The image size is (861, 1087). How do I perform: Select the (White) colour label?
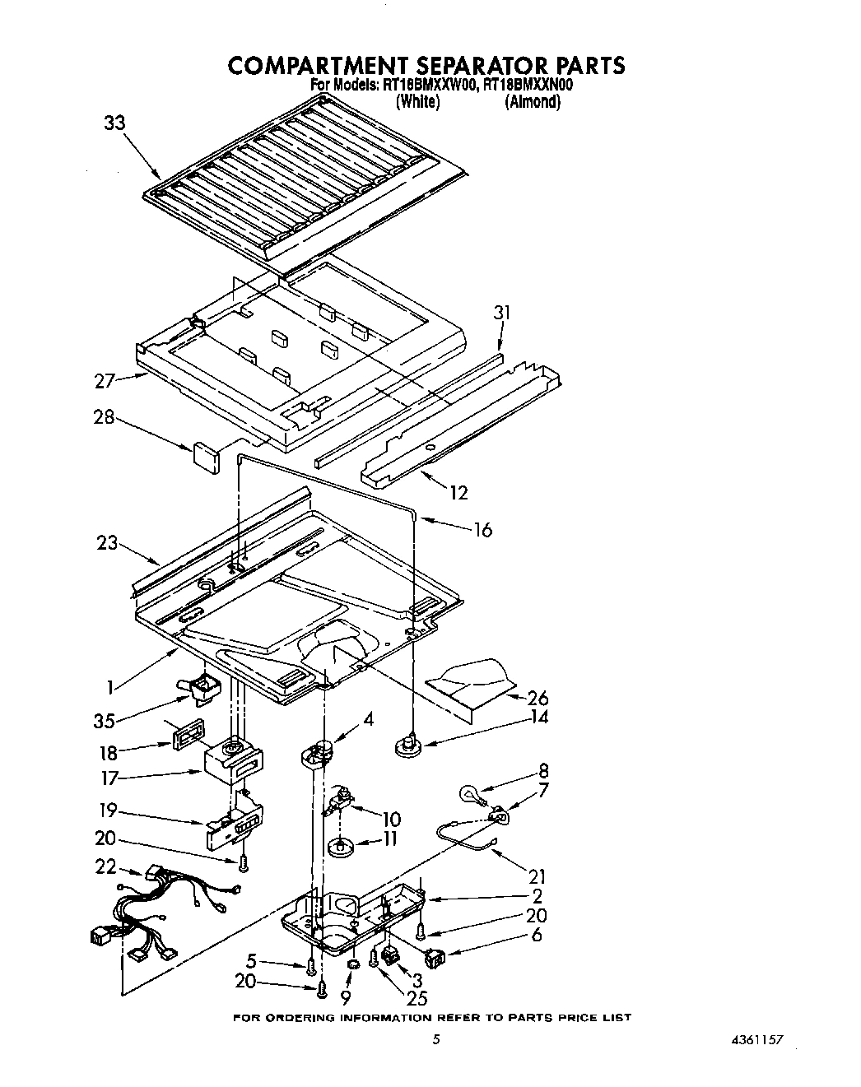(417, 102)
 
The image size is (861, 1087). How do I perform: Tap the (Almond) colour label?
(533, 102)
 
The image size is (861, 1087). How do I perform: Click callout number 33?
(114, 124)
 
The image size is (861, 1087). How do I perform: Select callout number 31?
(501, 312)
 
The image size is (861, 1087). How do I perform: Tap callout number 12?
(458, 492)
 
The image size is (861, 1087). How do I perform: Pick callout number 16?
(482, 529)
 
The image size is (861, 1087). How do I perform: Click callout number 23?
(107, 543)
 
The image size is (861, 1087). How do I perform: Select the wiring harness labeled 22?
(165, 913)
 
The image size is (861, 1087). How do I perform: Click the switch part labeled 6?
(434, 958)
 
